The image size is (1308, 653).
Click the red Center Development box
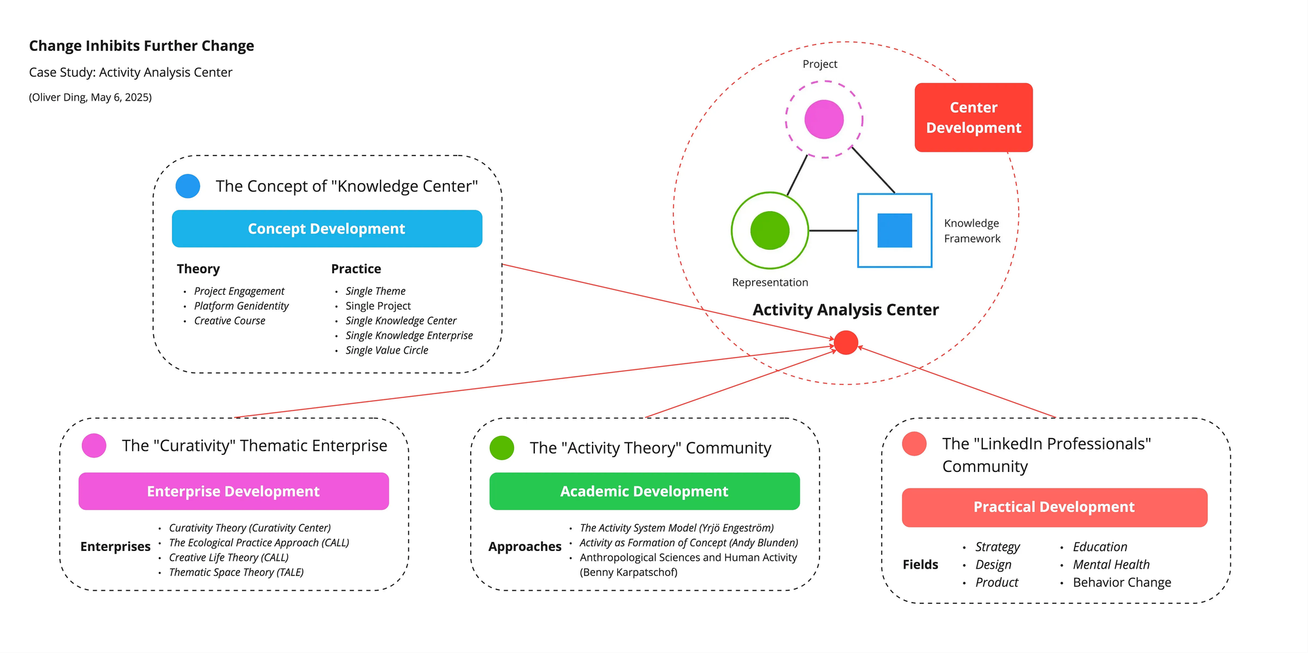pyautogui.click(x=973, y=118)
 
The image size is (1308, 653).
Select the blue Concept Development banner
pyautogui.click(x=326, y=229)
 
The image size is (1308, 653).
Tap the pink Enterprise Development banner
pyautogui.click(x=233, y=492)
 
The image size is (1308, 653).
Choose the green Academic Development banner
pyautogui.click(x=644, y=492)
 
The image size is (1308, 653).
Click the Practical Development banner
pyautogui.click(x=1054, y=507)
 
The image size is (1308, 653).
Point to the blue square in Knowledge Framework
pyautogui.click(x=895, y=231)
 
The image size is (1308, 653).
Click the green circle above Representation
pyautogui.click(x=770, y=231)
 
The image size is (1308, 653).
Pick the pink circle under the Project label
pyautogui.click(x=824, y=120)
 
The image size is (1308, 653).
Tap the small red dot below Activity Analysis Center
pyautogui.click(x=846, y=343)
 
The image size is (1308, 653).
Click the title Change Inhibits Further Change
pyautogui.click(x=141, y=46)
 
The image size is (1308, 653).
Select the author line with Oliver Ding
pyautogui.click(x=90, y=97)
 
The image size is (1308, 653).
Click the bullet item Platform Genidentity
pyautogui.click(x=241, y=306)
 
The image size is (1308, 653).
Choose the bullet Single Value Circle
pyautogui.click(x=387, y=350)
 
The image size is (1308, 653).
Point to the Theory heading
pyautogui.click(x=198, y=269)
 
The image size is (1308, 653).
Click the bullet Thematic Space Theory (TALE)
pyautogui.click(x=236, y=573)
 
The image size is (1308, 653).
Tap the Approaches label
pyautogui.click(x=525, y=546)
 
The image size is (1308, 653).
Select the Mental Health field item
pyautogui.click(x=1111, y=565)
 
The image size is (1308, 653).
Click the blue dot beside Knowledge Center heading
pyautogui.click(x=188, y=186)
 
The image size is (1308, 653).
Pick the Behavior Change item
pyautogui.click(x=1122, y=582)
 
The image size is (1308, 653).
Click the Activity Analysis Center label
pyautogui.click(x=846, y=310)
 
